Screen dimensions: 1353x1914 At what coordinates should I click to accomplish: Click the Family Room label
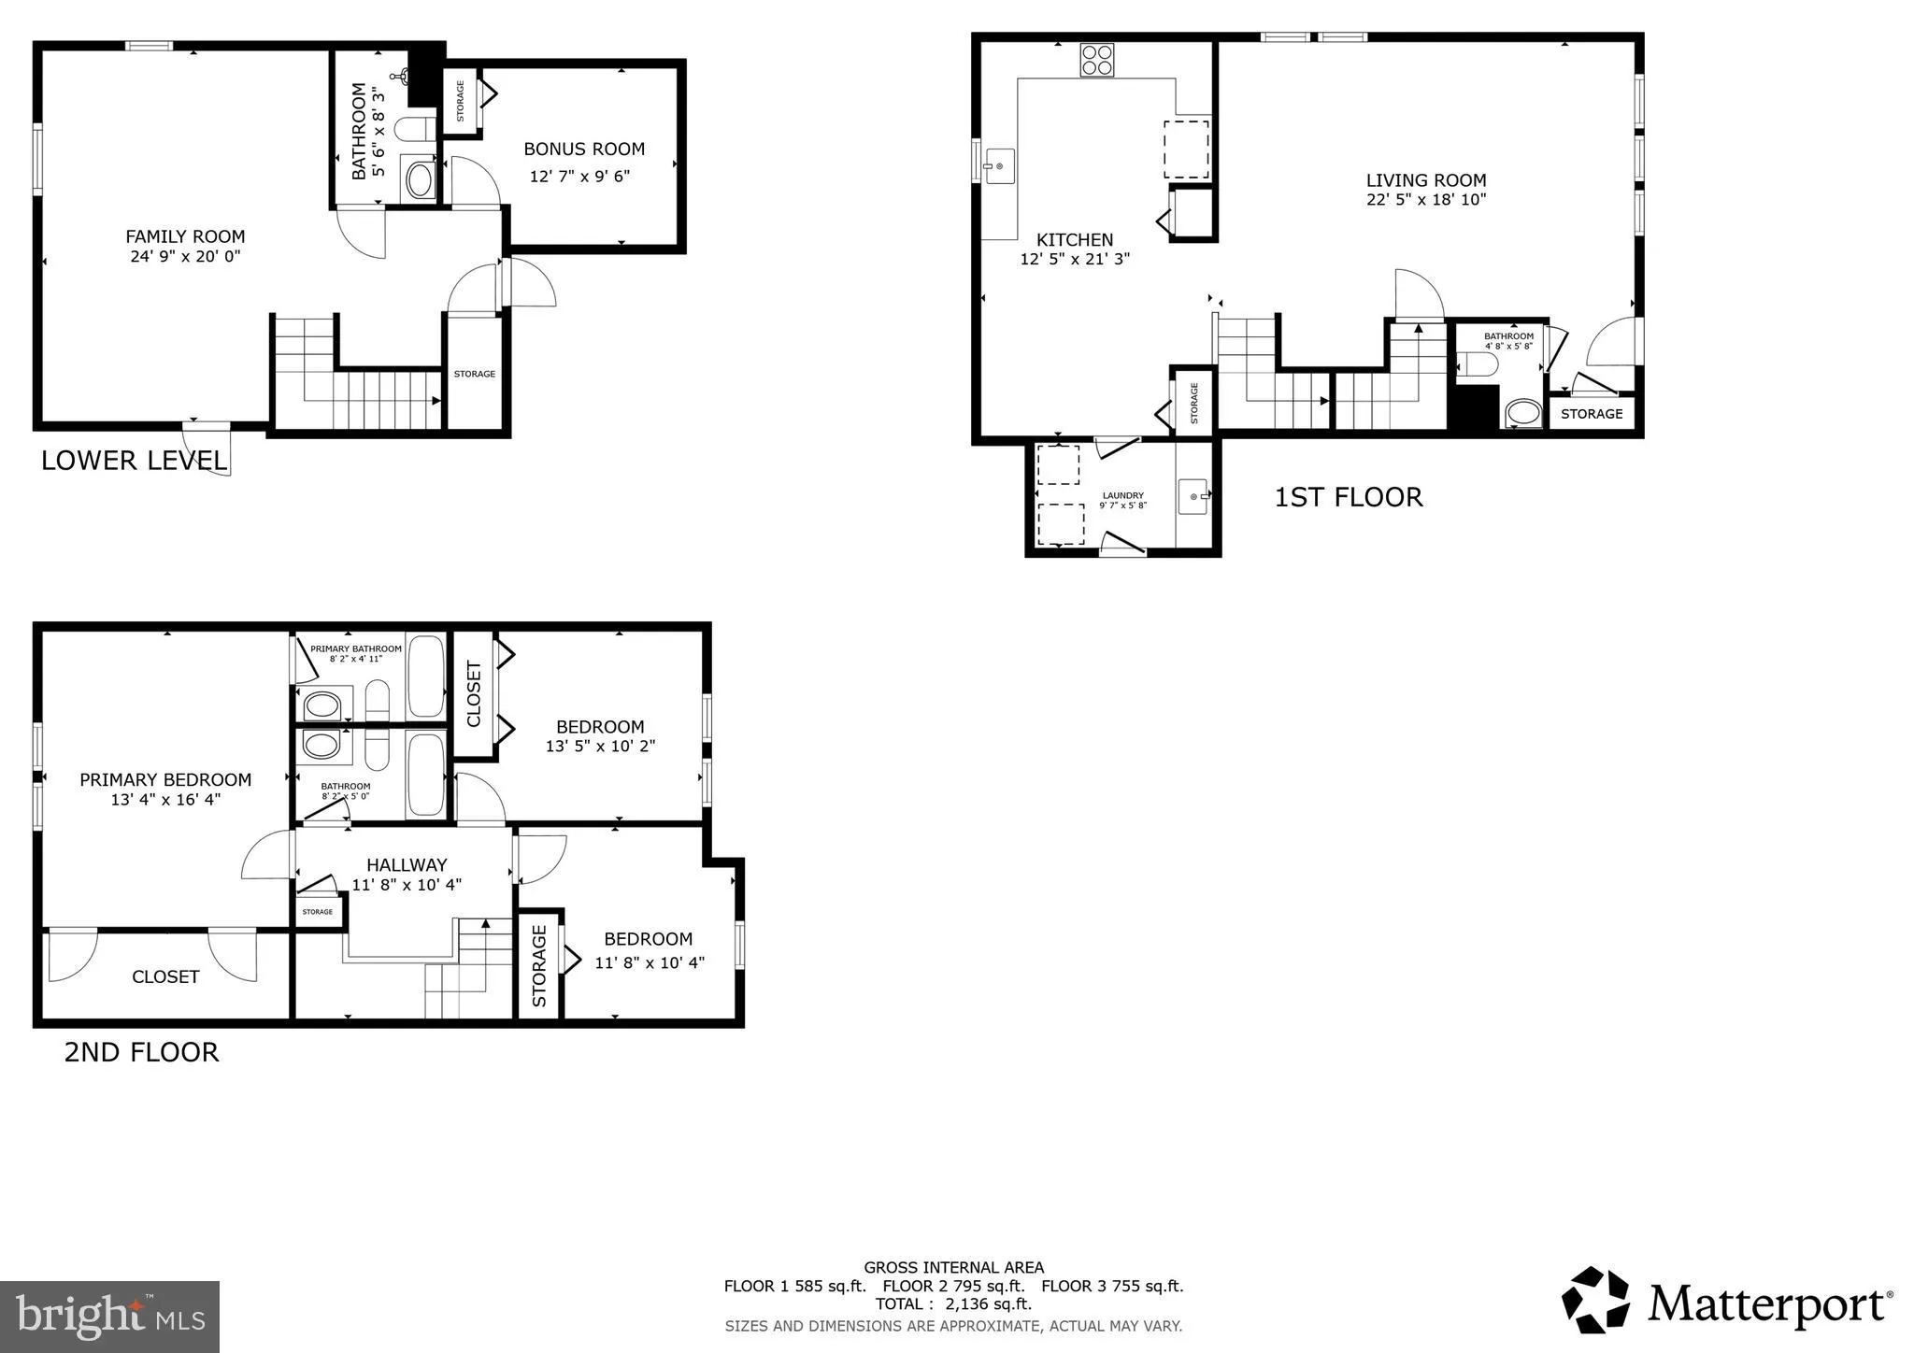(185, 236)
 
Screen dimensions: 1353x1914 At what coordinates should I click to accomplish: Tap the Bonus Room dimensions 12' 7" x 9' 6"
(579, 176)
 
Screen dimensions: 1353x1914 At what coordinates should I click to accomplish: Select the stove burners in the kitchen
(1097, 60)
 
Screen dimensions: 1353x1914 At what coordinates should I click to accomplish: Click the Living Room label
(1425, 180)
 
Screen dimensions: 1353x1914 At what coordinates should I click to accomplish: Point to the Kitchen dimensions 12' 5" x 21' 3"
(1075, 259)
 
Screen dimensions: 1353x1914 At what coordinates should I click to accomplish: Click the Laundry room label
(1122, 495)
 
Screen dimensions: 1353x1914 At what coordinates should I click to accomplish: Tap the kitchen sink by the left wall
(999, 166)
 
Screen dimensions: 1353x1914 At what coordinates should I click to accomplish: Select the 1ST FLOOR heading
(1348, 497)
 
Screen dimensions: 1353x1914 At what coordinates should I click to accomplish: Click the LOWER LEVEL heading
(134, 461)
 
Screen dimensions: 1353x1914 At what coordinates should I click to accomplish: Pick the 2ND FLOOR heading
(141, 1052)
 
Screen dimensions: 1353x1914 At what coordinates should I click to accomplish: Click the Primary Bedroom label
(165, 779)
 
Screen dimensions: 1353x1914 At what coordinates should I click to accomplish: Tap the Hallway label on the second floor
(407, 864)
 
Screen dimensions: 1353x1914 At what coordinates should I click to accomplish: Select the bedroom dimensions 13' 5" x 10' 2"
(600, 746)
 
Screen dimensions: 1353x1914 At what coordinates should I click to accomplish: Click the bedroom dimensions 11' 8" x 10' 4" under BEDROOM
(650, 961)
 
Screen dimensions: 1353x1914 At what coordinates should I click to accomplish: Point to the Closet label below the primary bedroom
(165, 976)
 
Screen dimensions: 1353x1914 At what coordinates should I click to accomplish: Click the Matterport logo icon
(1596, 1300)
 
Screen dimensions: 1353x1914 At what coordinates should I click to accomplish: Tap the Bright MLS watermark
(109, 1317)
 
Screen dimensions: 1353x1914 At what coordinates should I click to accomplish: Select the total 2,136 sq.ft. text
(953, 1303)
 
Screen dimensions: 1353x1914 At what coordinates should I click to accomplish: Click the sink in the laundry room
(1193, 496)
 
